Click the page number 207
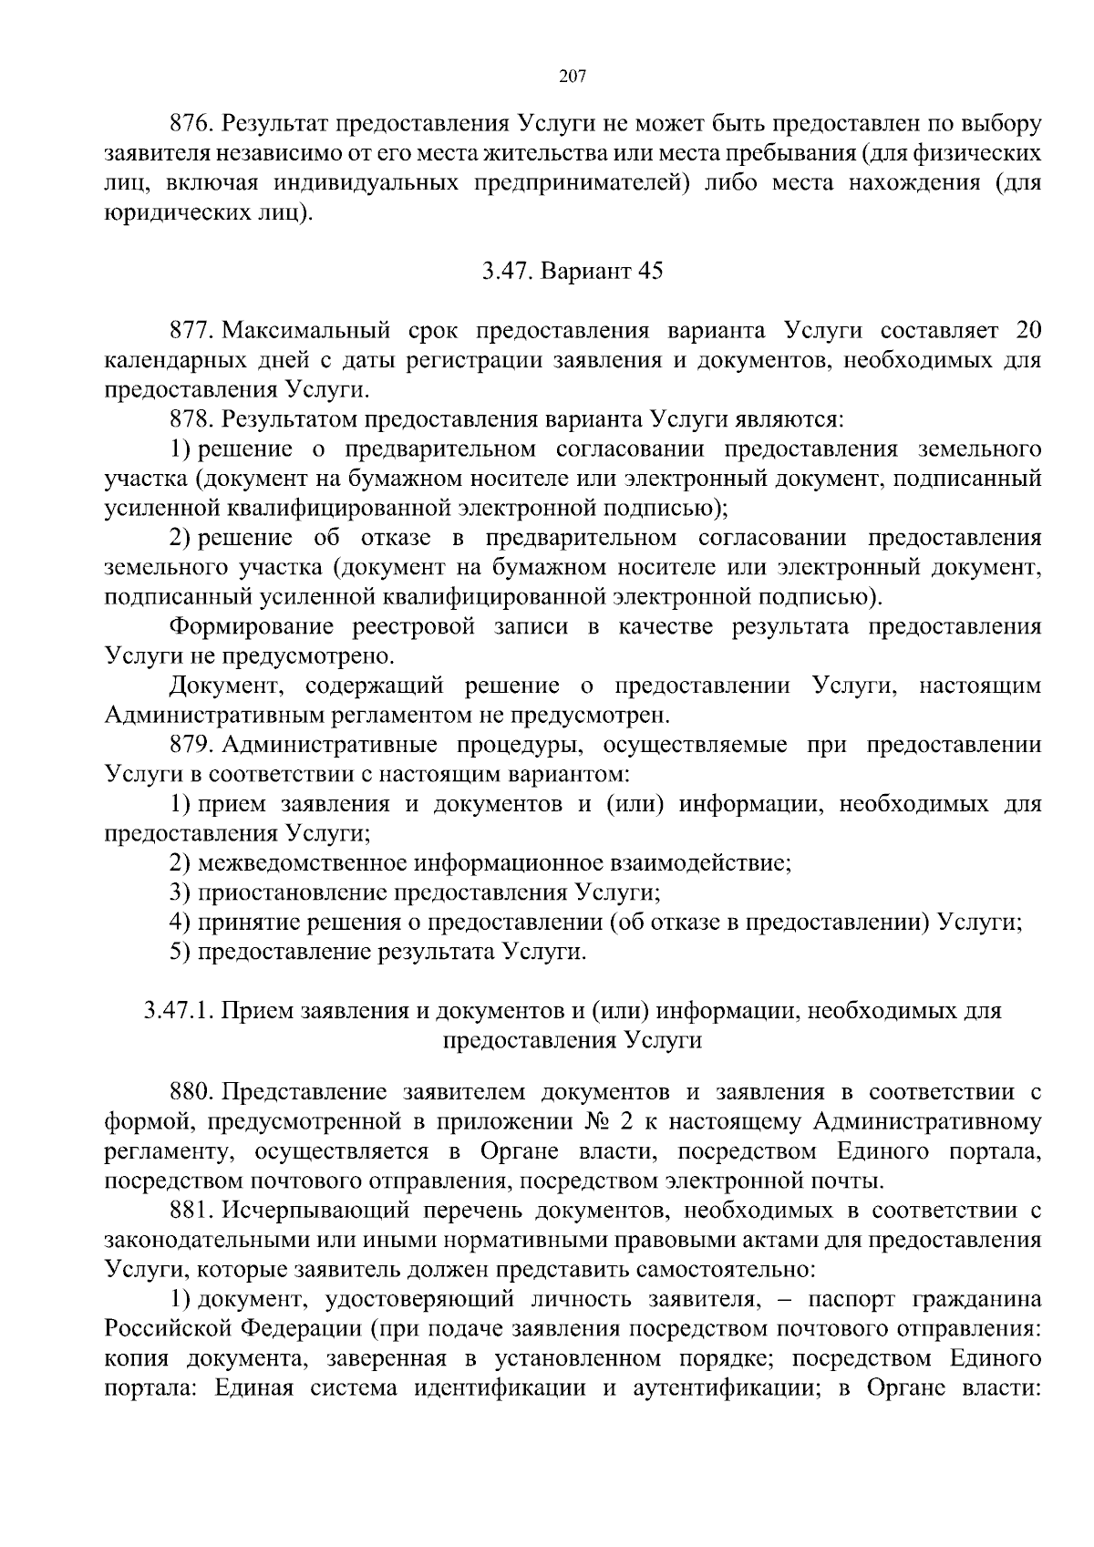point(571,76)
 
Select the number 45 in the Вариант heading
point(651,272)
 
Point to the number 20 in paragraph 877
point(1027,330)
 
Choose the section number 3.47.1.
point(179,1011)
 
